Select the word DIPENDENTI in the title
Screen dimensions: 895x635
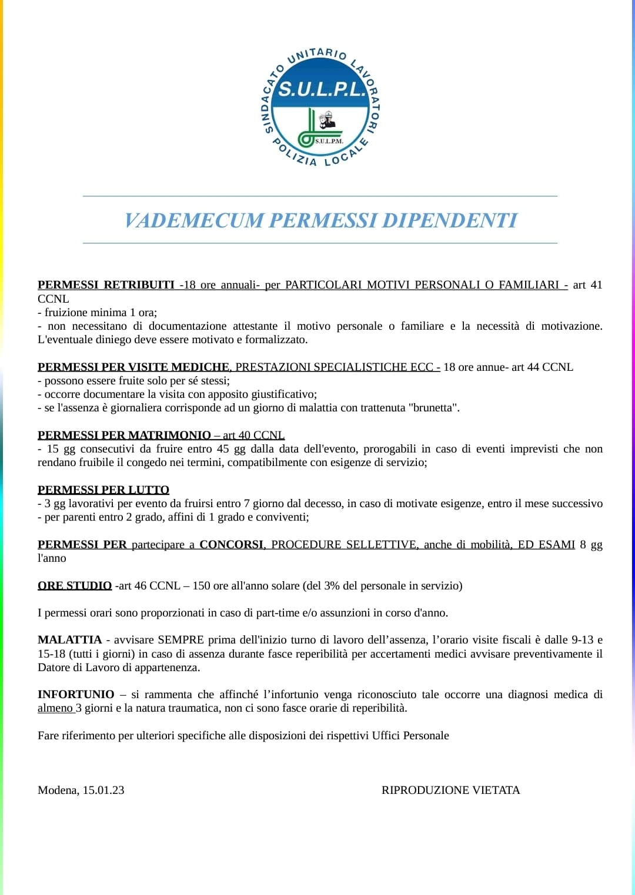point(450,220)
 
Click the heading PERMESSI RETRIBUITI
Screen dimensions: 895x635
point(106,285)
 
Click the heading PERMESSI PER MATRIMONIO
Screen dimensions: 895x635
point(124,435)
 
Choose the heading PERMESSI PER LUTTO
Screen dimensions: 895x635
point(103,490)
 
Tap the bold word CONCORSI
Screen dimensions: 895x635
point(232,545)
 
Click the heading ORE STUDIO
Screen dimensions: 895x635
point(75,586)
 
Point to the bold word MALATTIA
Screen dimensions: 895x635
point(69,640)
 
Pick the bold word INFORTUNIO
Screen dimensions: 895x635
point(76,695)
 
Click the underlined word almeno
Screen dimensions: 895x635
point(55,708)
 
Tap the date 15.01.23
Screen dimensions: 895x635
point(103,790)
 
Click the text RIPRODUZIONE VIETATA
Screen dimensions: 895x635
point(450,790)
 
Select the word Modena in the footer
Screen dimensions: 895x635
point(58,790)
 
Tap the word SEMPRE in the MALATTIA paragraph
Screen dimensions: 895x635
point(181,640)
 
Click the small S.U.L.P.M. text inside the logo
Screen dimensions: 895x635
point(329,141)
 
